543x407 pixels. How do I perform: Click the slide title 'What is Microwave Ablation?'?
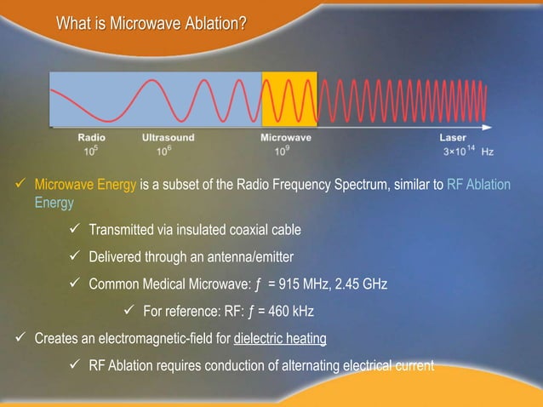[151, 21]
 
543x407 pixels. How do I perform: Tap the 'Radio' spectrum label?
[92, 137]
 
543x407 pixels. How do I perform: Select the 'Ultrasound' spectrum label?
[168, 137]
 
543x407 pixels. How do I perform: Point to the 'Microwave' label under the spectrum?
[285, 137]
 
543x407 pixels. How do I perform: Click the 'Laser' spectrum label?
[452, 137]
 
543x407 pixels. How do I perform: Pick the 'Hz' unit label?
[488, 152]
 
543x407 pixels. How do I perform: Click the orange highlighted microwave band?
[289, 100]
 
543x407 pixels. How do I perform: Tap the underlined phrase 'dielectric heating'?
[280, 339]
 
